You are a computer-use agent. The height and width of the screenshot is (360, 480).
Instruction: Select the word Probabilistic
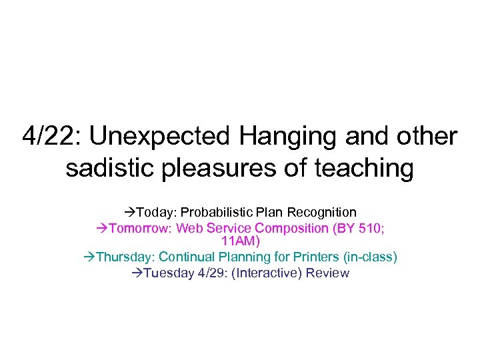(214, 213)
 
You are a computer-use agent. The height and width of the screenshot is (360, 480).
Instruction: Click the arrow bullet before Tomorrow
(102, 228)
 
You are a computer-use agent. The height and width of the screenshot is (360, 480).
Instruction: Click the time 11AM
(240, 241)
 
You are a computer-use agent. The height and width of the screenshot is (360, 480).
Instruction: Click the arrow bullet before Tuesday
(137, 273)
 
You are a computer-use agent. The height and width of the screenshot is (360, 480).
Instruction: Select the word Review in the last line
(327, 273)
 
